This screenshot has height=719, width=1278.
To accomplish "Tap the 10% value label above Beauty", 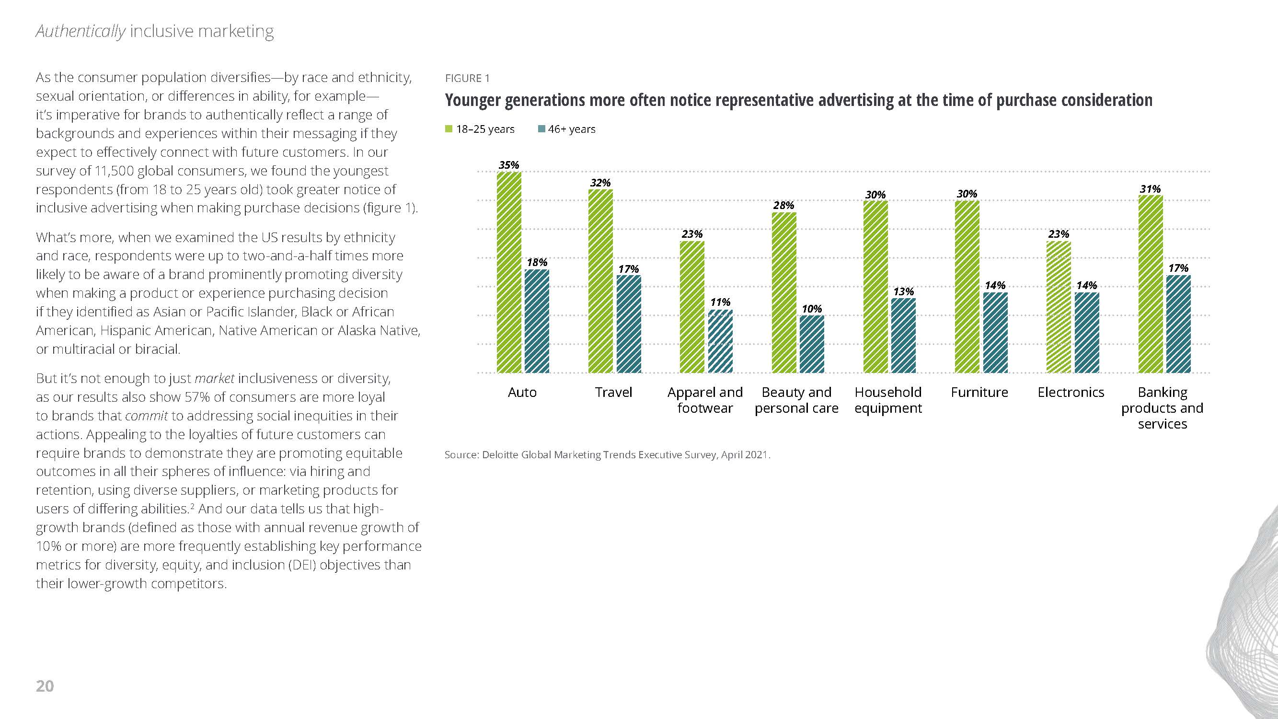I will [x=812, y=309].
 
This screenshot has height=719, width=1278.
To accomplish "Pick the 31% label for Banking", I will [x=1150, y=189].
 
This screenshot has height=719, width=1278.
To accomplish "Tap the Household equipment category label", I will [x=888, y=400].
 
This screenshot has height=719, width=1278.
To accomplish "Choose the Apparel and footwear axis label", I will [x=705, y=400].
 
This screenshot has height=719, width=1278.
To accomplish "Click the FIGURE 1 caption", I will [x=467, y=79].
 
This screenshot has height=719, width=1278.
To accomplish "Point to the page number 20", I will [x=45, y=686].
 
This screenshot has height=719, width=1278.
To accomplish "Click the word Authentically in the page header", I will [x=81, y=31].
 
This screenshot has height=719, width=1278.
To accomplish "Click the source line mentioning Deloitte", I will [x=607, y=454].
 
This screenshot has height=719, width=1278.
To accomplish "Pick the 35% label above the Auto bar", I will [x=508, y=165].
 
